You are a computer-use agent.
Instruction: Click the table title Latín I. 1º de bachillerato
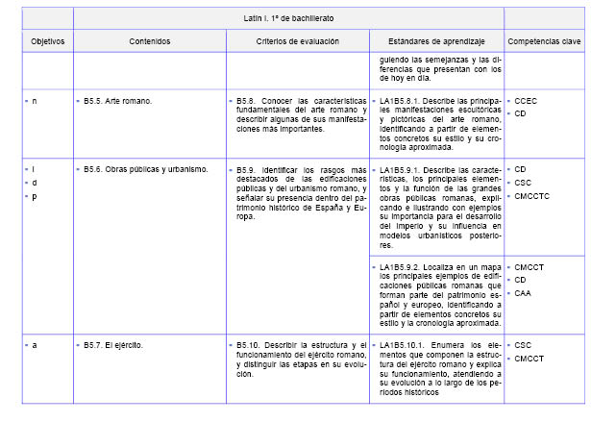click(x=288, y=18)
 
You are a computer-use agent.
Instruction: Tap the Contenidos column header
click(x=149, y=42)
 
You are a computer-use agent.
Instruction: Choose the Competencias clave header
click(x=543, y=42)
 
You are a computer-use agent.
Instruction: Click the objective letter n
click(x=35, y=100)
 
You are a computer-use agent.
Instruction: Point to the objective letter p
click(x=35, y=196)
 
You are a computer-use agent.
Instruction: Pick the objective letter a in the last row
click(x=35, y=344)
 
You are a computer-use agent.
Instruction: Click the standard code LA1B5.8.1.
click(x=403, y=100)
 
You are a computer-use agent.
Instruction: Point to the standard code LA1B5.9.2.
click(x=403, y=266)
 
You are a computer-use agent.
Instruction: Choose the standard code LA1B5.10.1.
click(x=405, y=344)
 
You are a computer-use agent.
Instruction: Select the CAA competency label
click(x=524, y=293)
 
